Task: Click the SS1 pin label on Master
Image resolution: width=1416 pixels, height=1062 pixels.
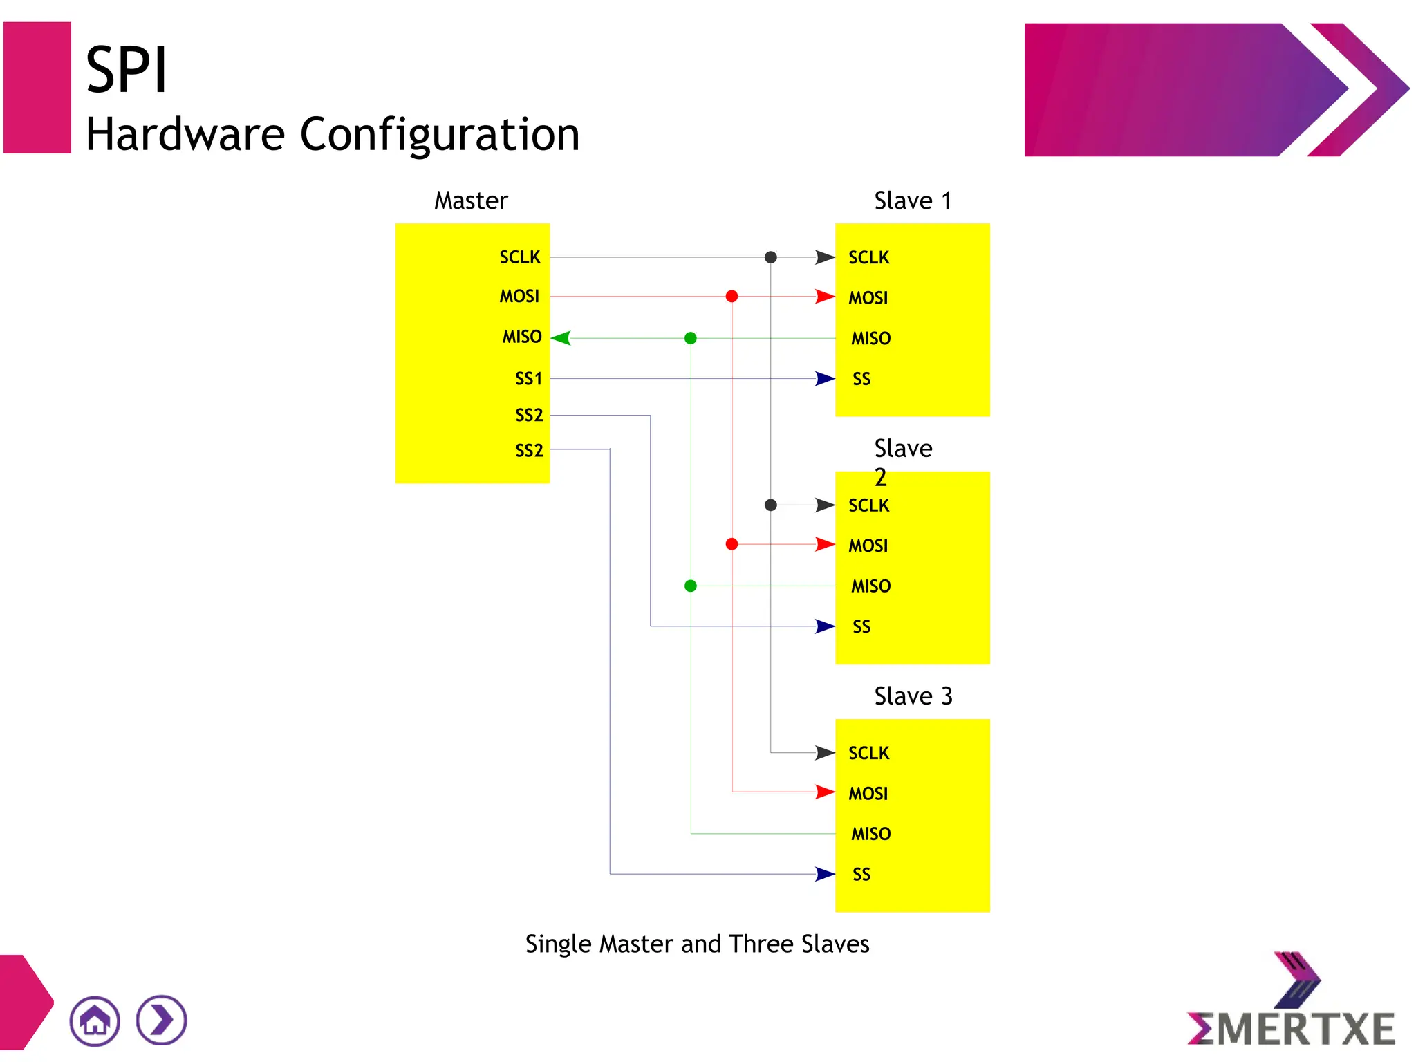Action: tap(528, 378)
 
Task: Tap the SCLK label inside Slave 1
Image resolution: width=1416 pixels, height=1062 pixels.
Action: tap(868, 257)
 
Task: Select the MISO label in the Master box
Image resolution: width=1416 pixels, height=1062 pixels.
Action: tap(521, 337)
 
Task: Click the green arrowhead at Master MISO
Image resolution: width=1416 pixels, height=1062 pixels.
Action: tap(561, 338)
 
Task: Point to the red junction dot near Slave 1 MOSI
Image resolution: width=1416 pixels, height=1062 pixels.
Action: tap(732, 297)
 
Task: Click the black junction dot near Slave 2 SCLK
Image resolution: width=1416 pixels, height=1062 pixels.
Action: tap(771, 505)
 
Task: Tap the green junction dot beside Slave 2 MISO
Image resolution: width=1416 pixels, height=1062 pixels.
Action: tap(690, 586)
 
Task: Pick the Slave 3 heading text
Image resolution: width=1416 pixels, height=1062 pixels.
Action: tap(913, 696)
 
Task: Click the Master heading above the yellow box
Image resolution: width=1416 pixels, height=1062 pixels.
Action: tap(471, 201)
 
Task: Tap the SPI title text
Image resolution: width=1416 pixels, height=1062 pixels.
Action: tap(127, 70)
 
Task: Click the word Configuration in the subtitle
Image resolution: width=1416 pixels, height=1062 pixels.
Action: tap(440, 134)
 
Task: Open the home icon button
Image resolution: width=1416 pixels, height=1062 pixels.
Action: tap(95, 1021)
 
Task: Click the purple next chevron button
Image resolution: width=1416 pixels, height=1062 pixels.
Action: tap(162, 1021)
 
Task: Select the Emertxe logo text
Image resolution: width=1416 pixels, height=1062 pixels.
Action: tap(1291, 1029)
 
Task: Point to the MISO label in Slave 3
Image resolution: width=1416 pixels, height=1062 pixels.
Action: tap(870, 833)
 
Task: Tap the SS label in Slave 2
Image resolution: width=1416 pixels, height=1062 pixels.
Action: tap(861, 626)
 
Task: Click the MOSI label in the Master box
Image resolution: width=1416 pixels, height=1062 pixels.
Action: tap(519, 297)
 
